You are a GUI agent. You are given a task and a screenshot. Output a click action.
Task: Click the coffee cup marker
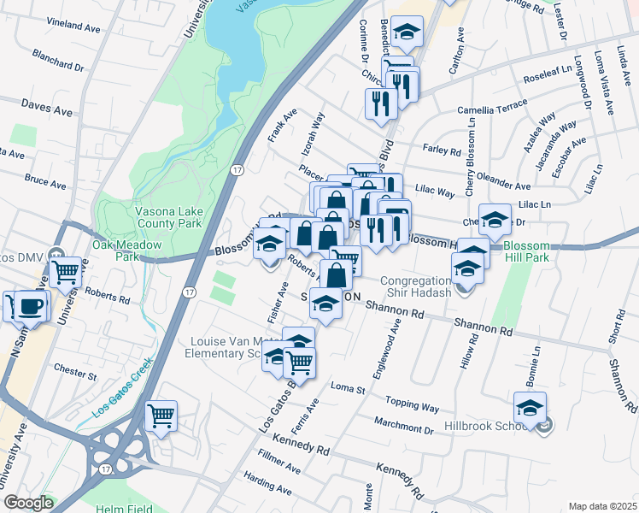32,304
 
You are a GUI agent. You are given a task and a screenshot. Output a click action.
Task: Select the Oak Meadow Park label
115,251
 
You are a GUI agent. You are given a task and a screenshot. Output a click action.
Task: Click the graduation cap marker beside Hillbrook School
530,407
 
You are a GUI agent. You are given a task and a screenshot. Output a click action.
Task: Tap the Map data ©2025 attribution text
602,506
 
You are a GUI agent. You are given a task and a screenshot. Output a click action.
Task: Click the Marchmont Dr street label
404,423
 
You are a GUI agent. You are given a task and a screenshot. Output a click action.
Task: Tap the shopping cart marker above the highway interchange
161,416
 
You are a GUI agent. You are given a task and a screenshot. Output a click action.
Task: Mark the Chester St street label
75,373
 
